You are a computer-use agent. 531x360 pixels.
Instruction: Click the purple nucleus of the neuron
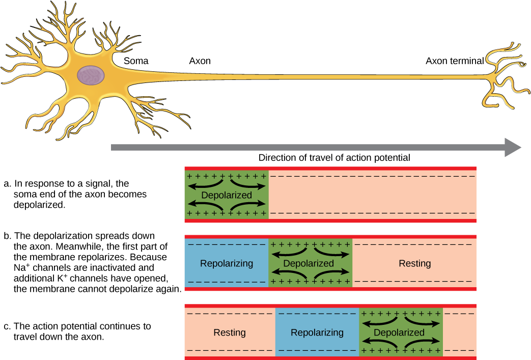tap(91, 75)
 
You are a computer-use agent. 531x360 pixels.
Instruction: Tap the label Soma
tap(136, 61)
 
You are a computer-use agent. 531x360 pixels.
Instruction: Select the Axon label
tap(200, 61)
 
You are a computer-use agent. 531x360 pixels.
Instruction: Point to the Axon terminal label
tap(455, 61)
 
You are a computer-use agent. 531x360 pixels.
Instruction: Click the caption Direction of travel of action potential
tap(334, 158)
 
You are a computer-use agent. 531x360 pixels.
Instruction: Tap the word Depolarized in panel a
tap(227, 195)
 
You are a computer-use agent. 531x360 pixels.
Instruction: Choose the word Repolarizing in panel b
tap(227, 263)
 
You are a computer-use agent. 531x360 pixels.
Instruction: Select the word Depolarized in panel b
tap(309, 263)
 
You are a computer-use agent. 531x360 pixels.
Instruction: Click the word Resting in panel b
tap(415, 263)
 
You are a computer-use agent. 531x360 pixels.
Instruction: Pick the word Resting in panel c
tap(230, 333)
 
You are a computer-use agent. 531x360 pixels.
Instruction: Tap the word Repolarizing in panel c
tap(317, 333)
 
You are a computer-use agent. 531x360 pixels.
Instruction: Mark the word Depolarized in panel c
tap(399, 333)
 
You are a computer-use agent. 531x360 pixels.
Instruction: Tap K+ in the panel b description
tap(61, 278)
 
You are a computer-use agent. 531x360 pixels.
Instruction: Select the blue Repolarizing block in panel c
tap(317, 332)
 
